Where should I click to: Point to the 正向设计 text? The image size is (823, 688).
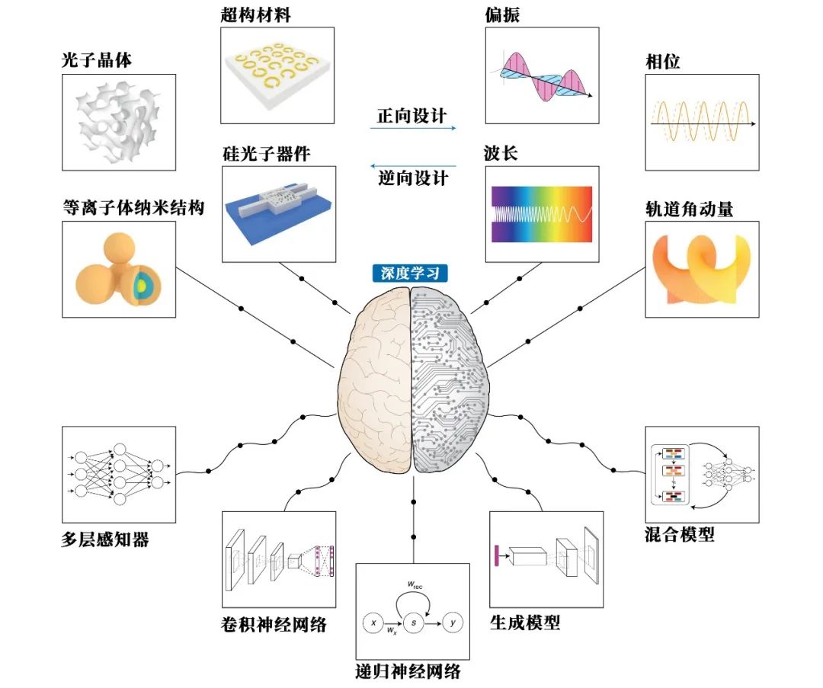click(x=412, y=116)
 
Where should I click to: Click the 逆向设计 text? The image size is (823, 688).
click(x=412, y=179)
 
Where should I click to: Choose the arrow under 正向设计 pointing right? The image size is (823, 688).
click(x=412, y=128)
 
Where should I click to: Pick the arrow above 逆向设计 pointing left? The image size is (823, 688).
click(x=412, y=165)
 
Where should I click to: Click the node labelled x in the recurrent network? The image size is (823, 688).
click(x=373, y=623)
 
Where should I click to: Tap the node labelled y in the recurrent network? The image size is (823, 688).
click(x=453, y=623)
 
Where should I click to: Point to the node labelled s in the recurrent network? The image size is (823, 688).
click(x=412, y=623)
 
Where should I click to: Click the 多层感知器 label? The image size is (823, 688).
click(x=105, y=540)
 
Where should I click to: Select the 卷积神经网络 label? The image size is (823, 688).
click(x=272, y=625)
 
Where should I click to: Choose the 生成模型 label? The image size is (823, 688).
click(x=525, y=622)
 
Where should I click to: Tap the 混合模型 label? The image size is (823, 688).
click(x=680, y=534)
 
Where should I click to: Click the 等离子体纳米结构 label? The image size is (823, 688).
click(x=133, y=207)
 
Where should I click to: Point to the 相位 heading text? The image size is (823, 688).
click(x=662, y=62)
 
